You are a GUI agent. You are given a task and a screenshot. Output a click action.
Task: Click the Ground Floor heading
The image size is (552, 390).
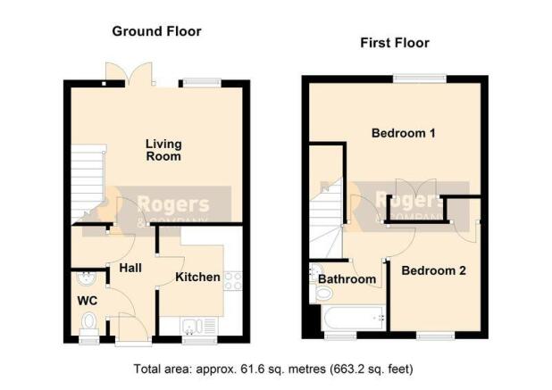coord(156,31)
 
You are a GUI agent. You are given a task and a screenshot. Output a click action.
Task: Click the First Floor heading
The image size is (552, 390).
coord(395,43)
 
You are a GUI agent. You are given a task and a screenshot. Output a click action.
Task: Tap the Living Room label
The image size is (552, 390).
coord(163,150)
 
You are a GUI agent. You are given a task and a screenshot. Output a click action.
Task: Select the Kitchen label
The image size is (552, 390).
coord(197,278)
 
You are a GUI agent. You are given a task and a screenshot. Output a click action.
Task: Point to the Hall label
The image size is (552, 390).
coord(130,268)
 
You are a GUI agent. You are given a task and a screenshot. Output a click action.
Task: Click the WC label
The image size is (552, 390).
coord(88,301)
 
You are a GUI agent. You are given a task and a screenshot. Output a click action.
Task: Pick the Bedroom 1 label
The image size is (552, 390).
coord(404,133)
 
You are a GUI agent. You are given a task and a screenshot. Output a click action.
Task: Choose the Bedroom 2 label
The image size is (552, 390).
coord(434,270)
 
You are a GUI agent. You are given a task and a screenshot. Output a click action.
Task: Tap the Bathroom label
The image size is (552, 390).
coord(347,279)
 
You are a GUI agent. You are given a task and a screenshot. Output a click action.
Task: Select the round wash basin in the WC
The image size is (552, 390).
coord(86,278)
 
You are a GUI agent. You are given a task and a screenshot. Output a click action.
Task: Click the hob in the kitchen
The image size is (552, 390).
coord(233,281)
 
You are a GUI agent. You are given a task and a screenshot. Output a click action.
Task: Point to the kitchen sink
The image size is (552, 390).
coord(199,326)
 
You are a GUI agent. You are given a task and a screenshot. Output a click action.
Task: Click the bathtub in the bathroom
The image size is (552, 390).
coord(353,318)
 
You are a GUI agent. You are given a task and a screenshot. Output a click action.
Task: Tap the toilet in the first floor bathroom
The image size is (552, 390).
coord(321,293)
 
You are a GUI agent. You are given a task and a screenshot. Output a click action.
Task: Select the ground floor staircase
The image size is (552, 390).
coord(88,184)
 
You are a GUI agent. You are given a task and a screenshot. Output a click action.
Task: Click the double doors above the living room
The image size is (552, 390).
coord(130,75)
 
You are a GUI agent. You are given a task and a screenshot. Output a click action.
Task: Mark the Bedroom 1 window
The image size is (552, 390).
coord(420,79)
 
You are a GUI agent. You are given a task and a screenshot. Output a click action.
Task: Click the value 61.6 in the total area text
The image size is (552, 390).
coord(251,369)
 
